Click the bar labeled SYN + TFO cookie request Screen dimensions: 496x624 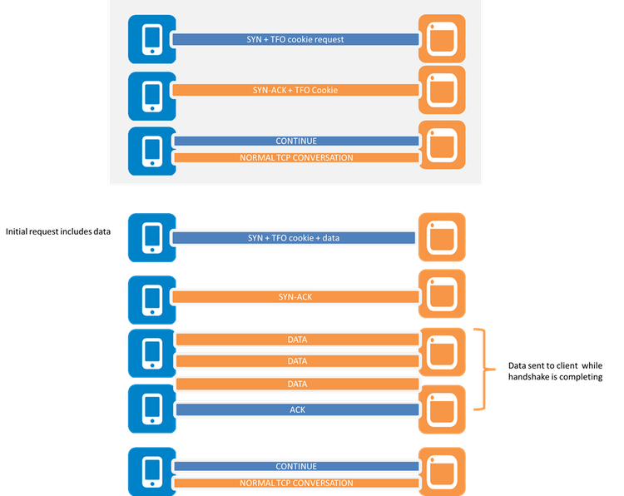[x=296, y=39]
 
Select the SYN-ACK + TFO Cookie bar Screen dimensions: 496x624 [x=296, y=90]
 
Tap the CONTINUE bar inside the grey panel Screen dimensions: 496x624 [x=296, y=141]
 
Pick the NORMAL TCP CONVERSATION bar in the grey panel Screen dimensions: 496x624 [x=296, y=157]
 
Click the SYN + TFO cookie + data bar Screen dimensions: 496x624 [x=294, y=238]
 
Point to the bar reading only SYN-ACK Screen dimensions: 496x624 [x=295, y=297]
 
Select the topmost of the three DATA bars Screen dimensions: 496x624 [x=296, y=340]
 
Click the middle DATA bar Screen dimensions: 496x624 [x=296, y=361]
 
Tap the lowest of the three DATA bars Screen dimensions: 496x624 [x=296, y=384]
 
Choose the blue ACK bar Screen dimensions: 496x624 [x=296, y=409]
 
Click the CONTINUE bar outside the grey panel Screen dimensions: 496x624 [x=296, y=467]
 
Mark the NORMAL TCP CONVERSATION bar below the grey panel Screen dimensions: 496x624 [x=296, y=483]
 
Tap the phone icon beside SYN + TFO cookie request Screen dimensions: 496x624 [x=152, y=39]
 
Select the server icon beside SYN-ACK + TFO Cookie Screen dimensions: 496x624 [x=441, y=90]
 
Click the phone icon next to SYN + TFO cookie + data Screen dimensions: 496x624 [x=152, y=238]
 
